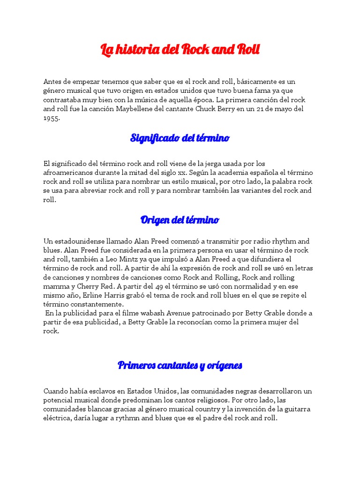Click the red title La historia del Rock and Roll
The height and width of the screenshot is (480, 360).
(180, 50)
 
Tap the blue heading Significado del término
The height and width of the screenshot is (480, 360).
(180, 138)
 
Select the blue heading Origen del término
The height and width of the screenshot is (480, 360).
(180, 220)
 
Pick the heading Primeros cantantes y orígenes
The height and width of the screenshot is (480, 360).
(180, 365)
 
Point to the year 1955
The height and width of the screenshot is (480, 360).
(51, 118)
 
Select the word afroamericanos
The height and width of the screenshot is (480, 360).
(68, 172)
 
